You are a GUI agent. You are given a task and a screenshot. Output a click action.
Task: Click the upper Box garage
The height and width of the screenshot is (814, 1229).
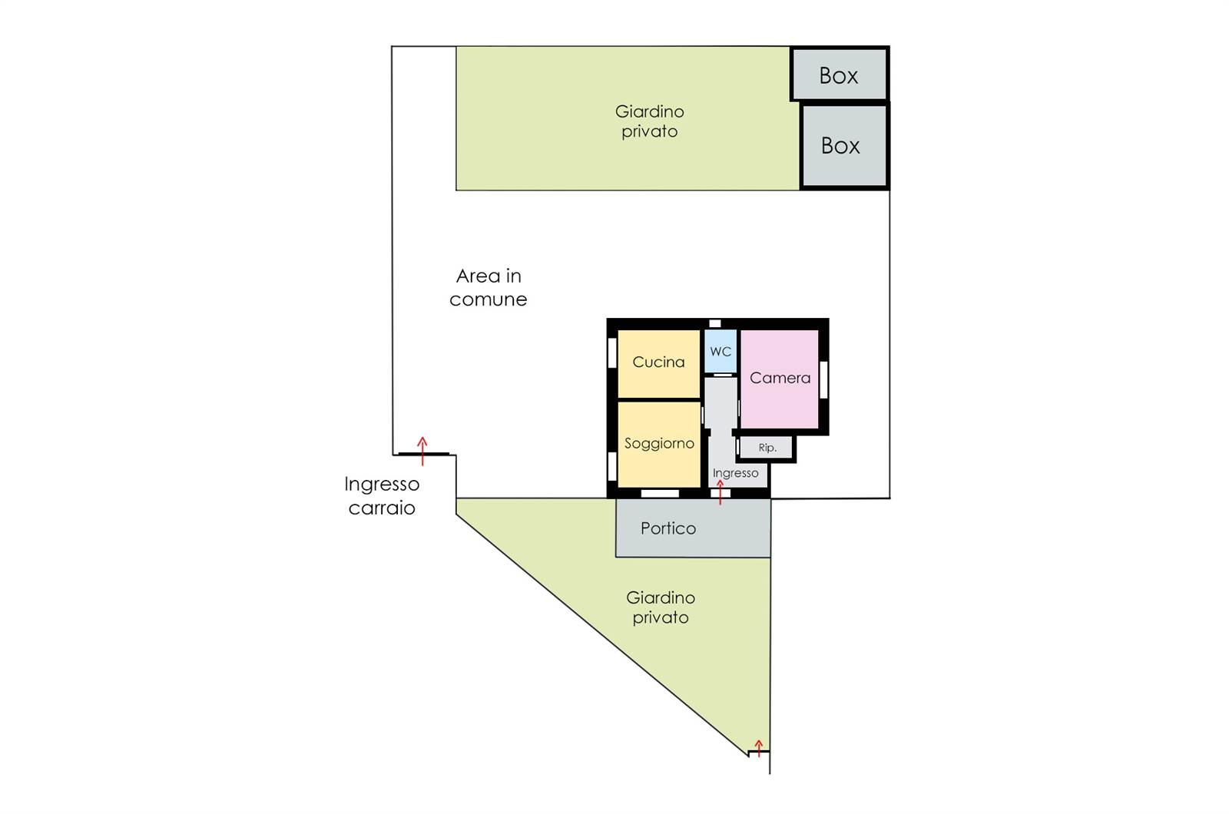pos(840,74)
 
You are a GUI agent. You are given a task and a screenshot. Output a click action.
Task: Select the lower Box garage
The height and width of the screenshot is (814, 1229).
pos(844,146)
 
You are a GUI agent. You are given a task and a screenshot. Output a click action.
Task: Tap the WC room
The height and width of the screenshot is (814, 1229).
pos(721,351)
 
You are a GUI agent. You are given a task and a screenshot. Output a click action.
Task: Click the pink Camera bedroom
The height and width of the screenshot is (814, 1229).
pos(780,379)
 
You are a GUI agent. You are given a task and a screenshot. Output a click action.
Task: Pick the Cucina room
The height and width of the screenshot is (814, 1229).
pos(659,364)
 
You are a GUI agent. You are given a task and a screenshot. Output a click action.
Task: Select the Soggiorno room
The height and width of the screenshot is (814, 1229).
pos(659,445)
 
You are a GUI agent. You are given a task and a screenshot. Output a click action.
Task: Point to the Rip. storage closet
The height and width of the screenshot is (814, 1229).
pos(767,448)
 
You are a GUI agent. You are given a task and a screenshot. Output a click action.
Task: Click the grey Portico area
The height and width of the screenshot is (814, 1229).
pos(693,528)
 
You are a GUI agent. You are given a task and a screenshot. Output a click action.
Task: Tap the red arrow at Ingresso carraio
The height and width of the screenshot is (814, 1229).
pos(422,452)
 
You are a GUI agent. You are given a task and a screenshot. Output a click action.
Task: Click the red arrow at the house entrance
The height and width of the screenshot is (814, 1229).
pos(721,492)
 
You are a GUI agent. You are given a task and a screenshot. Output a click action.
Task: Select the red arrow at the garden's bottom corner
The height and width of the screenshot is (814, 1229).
pos(759,748)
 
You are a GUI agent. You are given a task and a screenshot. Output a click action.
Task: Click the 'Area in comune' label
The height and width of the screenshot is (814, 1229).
pos(489,287)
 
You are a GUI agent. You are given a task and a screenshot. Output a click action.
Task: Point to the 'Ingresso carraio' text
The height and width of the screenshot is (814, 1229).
pos(382,496)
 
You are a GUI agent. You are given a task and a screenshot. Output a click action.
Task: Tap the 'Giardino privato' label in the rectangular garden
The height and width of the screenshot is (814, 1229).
pos(650,121)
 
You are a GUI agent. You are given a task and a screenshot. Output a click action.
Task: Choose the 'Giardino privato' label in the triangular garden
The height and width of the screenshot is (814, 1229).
pos(661,607)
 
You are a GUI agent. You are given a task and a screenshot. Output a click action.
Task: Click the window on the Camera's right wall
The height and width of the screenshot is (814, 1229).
pos(823,379)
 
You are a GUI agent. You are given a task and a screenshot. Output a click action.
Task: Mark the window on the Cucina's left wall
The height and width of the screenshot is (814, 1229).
pos(612,352)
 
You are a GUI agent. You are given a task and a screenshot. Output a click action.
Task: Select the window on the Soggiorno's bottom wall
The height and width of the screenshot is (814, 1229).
pos(660,493)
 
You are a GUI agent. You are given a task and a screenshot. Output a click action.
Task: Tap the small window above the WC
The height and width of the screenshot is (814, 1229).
pos(715,323)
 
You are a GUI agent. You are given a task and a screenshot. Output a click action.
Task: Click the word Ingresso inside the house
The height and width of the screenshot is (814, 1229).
pos(735,473)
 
